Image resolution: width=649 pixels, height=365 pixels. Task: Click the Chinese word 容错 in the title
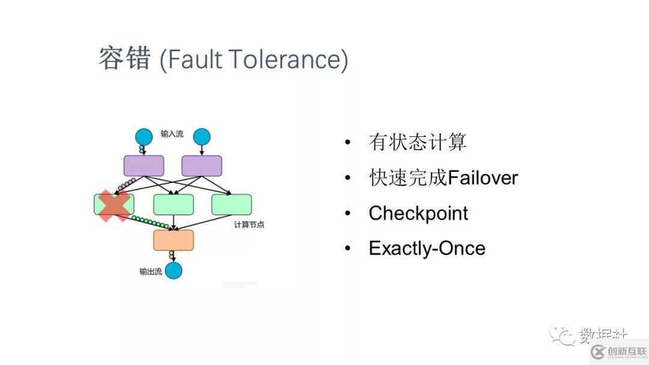[x=124, y=59]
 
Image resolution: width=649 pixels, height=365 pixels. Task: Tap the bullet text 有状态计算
[x=417, y=143]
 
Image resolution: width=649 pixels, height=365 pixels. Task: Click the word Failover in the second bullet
[x=483, y=178]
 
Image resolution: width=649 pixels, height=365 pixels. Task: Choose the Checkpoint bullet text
[x=418, y=213]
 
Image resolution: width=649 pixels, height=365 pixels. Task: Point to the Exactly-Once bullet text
[x=427, y=248]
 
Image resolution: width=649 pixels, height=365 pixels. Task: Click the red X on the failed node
[x=114, y=206]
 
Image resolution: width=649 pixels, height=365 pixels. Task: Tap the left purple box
[x=144, y=166]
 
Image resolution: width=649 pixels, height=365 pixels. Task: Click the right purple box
[x=202, y=166]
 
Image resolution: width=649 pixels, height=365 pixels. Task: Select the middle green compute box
[x=173, y=205]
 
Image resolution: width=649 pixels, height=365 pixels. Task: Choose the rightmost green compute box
[x=231, y=205]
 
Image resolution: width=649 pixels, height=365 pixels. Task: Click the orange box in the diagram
[x=173, y=240]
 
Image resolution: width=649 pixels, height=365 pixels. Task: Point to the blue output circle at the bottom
[x=173, y=271]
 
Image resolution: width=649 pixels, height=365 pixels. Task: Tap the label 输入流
[x=172, y=133]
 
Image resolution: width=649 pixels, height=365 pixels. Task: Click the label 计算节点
[x=249, y=225]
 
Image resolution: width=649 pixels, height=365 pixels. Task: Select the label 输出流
[x=150, y=271]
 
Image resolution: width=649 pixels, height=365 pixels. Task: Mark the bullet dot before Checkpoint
[x=347, y=214]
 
